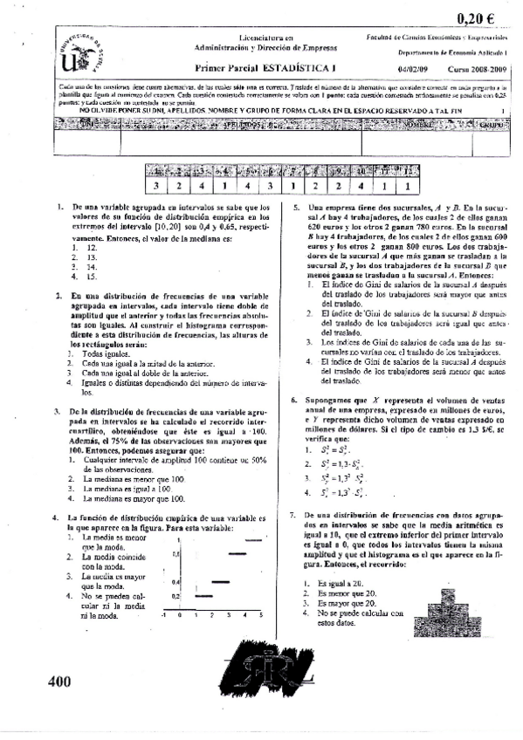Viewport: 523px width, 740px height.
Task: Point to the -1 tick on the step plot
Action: [163, 615]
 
